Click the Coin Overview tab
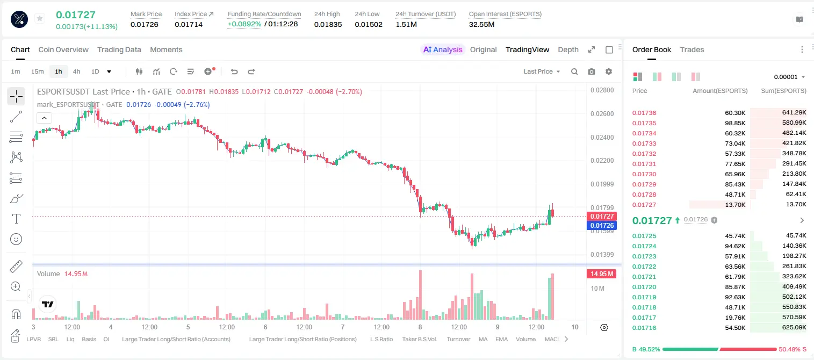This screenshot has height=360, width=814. (x=63, y=49)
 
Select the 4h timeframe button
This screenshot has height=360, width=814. (x=76, y=71)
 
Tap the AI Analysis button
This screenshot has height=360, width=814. (x=443, y=49)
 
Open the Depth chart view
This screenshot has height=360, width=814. (x=568, y=49)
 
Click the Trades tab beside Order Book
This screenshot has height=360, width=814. (x=692, y=49)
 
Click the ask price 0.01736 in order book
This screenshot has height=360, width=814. (x=644, y=113)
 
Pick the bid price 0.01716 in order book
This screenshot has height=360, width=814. (x=644, y=328)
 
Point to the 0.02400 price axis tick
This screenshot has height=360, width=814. (x=602, y=138)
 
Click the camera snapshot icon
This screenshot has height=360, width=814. (x=592, y=71)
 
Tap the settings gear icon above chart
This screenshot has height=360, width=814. (x=609, y=71)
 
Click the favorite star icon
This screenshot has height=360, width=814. (x=40, y=18)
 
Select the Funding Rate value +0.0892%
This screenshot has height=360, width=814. (x=244, y=24)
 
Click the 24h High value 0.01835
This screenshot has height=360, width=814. (x=328, y=24)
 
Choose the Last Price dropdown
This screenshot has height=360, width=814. (x=542, y=71)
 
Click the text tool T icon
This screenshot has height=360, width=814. (x=16, y=219)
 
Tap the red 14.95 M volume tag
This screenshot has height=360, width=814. (x=601, y=274)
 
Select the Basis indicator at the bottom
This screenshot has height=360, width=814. (x=89, y=339)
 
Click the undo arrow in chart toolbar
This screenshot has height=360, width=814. (x=234, y=71)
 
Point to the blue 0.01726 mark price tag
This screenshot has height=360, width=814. (x=601, y=225)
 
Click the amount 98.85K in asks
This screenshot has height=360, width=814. (x=735, y=123)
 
